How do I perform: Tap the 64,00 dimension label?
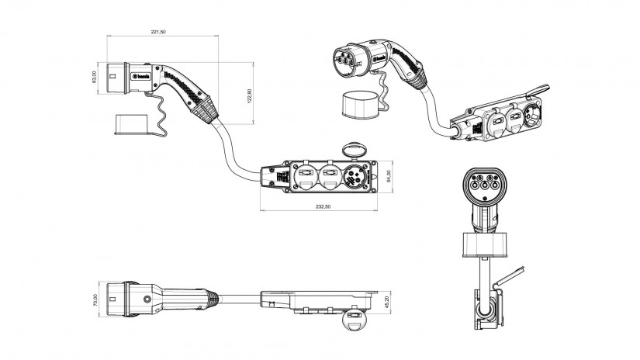click(396, 178)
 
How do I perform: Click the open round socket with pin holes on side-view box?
click(357, 177)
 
